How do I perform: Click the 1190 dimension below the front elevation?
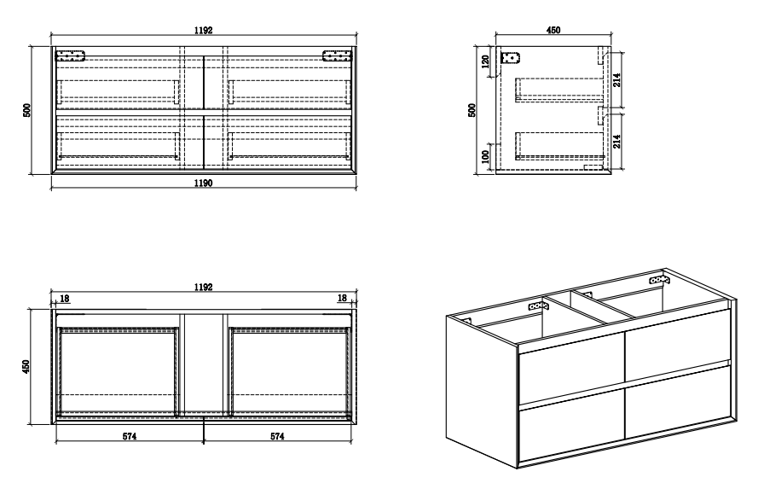pyautogui.click(x=202, y=183)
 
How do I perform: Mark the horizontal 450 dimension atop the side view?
pyautogui.click(x=553, y=30)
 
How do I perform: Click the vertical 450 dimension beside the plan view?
pyautogui.click(x=26, y=366)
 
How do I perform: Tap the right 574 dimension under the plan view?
pyautogui.click(x=277, y=436)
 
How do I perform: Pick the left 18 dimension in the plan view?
pyautogui.click(x=65, y=299)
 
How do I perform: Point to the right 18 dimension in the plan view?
pyautogui.click(x=341, y=299)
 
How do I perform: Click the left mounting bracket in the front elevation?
pyautogui.click(x=71, y=56)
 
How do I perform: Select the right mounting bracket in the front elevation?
pyautogui.click(x=336, y=56)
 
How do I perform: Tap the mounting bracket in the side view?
pyautogui.click(x=512, y=59)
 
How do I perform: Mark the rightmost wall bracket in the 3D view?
pyautogui.click(x=659, y=279)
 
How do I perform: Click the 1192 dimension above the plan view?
pyautogui.click(x=202, y=288)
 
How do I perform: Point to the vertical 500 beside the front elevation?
pyautogui.click(x=26, y=109)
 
